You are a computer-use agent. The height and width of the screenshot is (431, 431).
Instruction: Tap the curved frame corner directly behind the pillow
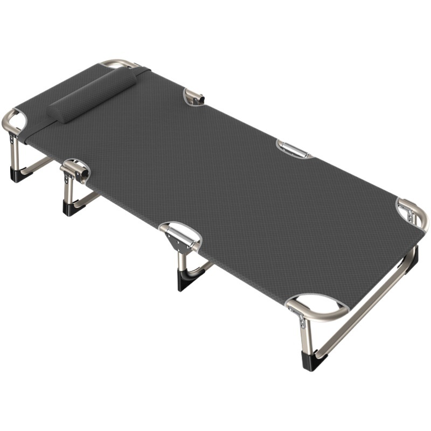click(x=119, y=64)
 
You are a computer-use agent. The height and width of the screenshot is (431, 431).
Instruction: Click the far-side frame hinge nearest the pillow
click(x=194, y=96)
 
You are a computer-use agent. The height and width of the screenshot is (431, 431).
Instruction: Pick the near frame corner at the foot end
click(x=318, y=307)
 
